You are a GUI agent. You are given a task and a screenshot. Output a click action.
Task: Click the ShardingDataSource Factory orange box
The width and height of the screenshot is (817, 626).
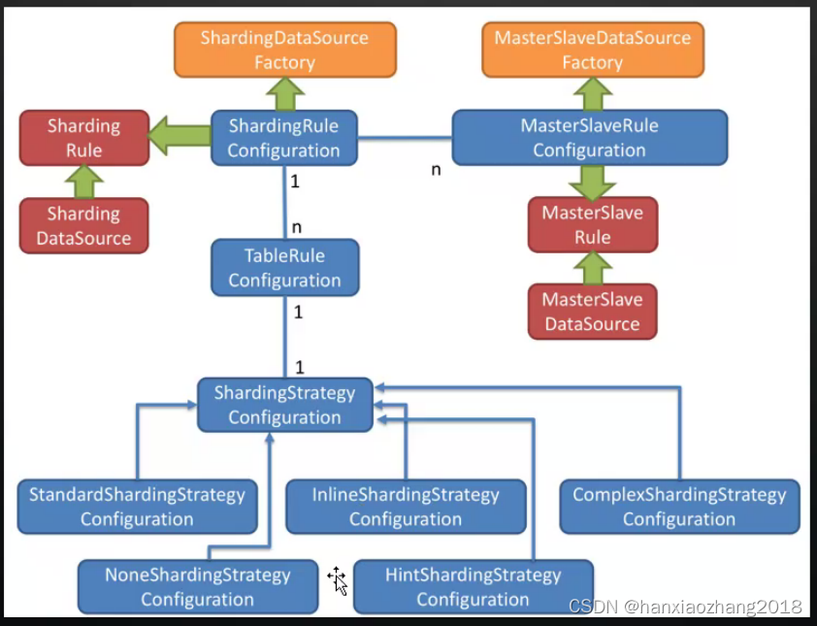coord(284,50)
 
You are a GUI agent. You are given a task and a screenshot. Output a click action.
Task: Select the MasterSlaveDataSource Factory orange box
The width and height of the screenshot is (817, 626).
coord(592,50)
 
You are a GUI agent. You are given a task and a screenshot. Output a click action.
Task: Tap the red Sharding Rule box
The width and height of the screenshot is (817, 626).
coord(83,138)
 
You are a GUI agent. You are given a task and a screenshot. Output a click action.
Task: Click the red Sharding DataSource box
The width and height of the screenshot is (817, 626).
coord(83,226)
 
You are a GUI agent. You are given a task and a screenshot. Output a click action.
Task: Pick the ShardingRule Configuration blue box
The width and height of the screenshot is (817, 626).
coord(283,138)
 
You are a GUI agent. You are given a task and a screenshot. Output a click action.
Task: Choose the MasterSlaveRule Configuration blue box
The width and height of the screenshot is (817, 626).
coord(589,138)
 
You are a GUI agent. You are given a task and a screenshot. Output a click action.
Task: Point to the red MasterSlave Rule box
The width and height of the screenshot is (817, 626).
coord(592,225)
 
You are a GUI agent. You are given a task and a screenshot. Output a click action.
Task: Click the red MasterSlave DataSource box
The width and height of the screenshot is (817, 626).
coord(592,312)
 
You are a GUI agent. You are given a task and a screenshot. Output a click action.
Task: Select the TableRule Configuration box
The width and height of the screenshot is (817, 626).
coord(284,268)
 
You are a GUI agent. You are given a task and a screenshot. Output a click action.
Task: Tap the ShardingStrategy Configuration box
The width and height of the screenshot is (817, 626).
coord(284,405)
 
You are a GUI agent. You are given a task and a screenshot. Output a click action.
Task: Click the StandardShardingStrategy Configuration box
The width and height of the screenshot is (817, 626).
coord(137,507)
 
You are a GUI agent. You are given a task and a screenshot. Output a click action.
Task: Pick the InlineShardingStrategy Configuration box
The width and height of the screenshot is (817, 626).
coord(406,507)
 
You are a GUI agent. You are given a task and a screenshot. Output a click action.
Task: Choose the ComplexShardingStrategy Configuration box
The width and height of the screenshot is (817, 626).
coord(679,507)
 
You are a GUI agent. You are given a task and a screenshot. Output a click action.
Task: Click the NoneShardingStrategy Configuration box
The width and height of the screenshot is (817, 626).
coord(198,586)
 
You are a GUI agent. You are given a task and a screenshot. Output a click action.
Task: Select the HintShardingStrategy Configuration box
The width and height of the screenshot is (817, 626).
coord(473,586)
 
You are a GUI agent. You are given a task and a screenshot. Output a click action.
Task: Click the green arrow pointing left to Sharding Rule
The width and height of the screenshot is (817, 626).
coord(180,136)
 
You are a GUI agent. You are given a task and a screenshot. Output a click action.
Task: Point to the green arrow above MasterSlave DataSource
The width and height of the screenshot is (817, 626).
coord(592,267)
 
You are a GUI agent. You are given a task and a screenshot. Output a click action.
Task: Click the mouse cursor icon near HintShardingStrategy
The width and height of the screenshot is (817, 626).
coord(338,580)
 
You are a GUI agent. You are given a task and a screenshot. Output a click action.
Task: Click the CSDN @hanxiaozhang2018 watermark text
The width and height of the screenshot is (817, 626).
coord(685,607)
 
